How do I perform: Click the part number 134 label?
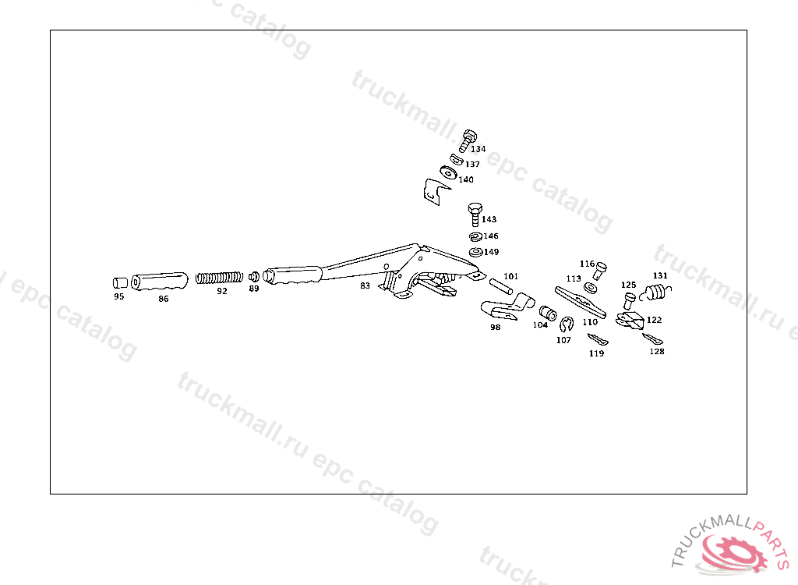478,149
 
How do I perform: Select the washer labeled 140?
447,172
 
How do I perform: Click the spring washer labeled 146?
475,236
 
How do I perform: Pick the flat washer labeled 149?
475,253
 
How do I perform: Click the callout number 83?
365,286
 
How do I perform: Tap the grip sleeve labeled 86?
160,281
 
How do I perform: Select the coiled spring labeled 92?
220,278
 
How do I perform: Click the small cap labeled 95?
120,282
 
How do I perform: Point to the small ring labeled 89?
254,277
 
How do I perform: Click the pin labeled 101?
500,286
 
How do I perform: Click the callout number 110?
590,321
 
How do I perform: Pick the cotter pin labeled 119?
597,339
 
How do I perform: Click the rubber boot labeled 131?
655,292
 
